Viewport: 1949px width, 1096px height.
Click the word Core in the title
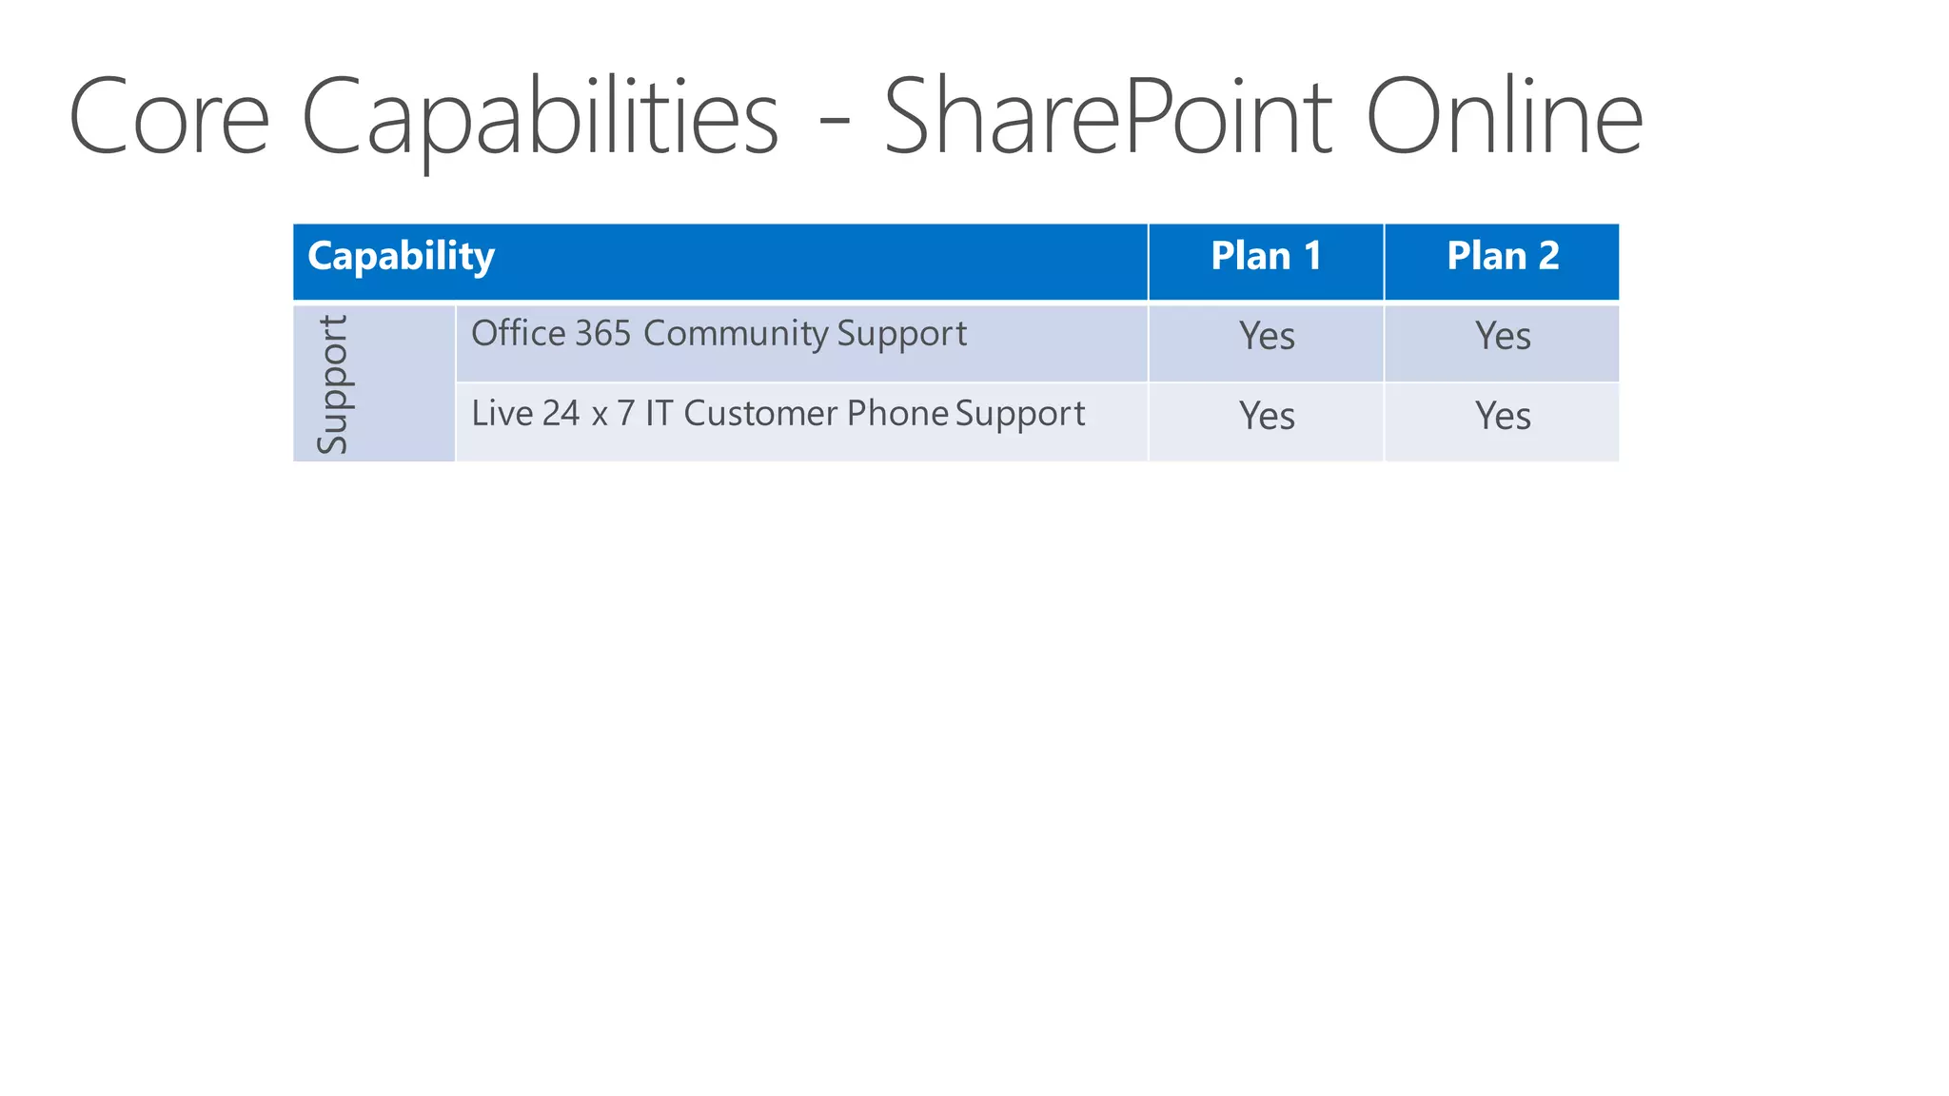coord(169,117)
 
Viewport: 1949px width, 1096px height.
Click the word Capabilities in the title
coord(540,117)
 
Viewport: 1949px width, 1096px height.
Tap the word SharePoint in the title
coord(1108,117)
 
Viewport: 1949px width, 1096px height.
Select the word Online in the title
coord(1504,117)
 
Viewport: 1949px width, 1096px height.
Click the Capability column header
coord(401,256)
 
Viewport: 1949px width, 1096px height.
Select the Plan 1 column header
coord(1266,256)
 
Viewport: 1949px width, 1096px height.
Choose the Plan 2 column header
coord(1503,256)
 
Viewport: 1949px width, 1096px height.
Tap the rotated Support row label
coord(332,384)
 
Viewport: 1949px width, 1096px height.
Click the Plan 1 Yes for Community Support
coord(1267,336)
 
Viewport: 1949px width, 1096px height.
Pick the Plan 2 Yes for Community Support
coord(1503,336)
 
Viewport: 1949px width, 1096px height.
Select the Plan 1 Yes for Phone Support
coord(1267,416)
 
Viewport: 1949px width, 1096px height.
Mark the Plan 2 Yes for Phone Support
coord(1503,416)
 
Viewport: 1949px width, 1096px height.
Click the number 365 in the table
coord(602,334)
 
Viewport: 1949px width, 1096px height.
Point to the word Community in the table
coord(736,334)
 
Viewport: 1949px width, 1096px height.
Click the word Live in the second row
coord(502,414)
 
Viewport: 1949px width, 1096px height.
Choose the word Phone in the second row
coord(897,414)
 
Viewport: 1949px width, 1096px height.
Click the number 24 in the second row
coord(561,414)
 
